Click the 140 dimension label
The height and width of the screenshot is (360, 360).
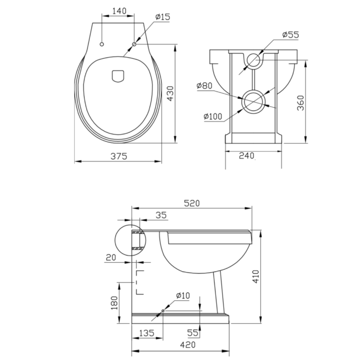pos(120,11)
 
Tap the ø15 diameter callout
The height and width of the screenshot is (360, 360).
pos(163,17)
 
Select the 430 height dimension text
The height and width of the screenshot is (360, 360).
pos(170,94)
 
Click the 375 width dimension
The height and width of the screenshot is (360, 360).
pos(119,156)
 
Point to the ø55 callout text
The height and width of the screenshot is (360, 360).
pos(290,35)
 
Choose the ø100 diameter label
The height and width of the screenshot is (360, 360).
pos(213,116)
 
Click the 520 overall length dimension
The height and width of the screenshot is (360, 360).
pos(192,203)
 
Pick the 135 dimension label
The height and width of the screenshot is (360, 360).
pos(147,332)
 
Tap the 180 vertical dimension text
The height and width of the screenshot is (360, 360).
pos(114,303)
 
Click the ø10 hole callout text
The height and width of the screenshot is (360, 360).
pos(183,296)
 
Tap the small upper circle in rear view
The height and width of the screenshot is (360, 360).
pos(253,59)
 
